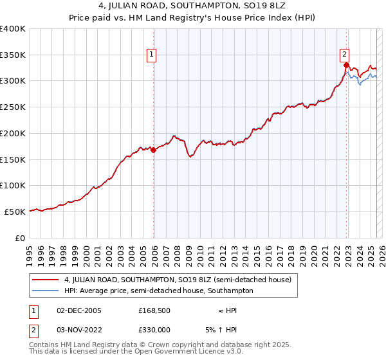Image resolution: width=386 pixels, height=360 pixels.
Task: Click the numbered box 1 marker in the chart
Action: tap(151, 55)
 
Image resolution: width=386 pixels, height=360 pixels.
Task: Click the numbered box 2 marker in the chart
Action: tap(345, 55)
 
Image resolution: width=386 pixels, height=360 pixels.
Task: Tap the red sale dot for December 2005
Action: tap(154, 150)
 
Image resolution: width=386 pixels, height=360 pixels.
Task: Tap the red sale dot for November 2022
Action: tap(346, 65)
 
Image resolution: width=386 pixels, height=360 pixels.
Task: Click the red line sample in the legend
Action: tap(45, 280)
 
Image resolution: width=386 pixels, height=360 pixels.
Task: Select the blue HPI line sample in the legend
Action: tap(45, 291)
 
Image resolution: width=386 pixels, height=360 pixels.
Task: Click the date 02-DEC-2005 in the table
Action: tap(79, 310)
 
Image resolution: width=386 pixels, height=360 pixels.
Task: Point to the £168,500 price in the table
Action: tap(154, 310)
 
